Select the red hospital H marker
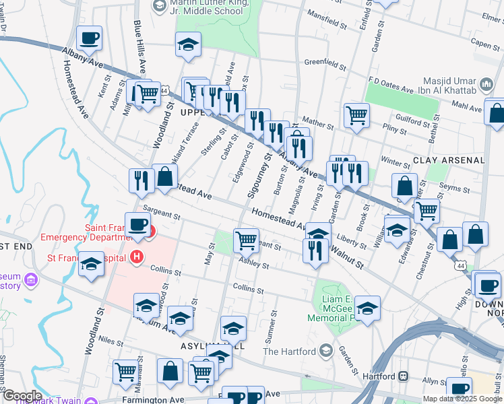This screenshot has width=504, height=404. [138, 257]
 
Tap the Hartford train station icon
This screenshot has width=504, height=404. [404, 376]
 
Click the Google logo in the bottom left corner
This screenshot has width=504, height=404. [22, 396]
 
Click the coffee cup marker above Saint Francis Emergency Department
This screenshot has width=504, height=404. [138, 226]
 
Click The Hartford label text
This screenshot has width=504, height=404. [289, 351]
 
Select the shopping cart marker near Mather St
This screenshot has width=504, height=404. [356, 114]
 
